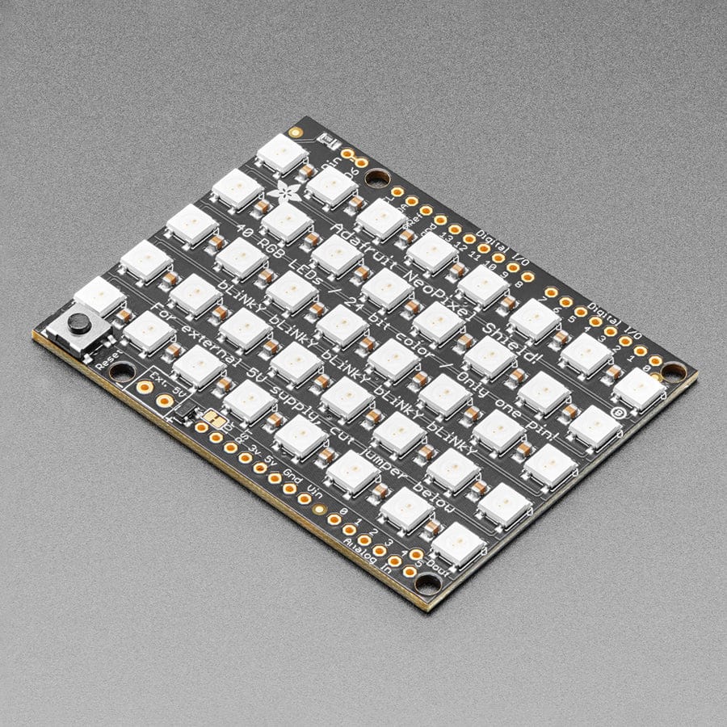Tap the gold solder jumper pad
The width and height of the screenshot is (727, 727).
[x=215, y=418]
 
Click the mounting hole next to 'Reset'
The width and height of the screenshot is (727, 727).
[x=122, y=372]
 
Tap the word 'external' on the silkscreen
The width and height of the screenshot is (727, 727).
[x=194, y=361]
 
